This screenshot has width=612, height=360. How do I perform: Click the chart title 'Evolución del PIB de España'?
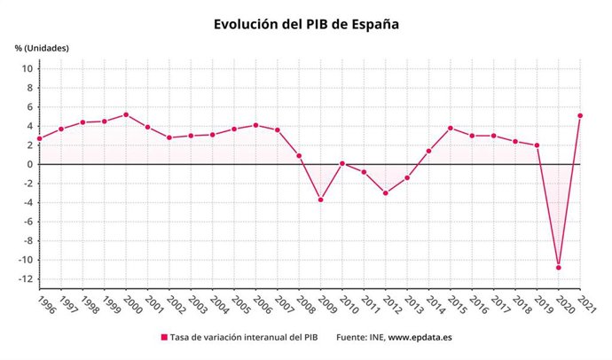tap(306, 25)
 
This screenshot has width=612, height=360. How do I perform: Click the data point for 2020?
tap(558, 267)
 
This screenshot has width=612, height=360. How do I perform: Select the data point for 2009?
tap(320, 200)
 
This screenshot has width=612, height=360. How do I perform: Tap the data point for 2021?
tap(579, 115)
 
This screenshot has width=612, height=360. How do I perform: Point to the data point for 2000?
tap(126, 114)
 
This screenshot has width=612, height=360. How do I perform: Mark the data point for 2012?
tap(385, 192)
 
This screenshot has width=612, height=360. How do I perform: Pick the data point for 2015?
tap(450, 128)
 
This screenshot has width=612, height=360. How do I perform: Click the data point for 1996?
tap(39, 138)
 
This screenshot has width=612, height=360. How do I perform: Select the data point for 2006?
tap(255, 125)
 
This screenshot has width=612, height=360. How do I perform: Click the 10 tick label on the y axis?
tap(27, 69)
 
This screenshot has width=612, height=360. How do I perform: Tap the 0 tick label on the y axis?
tap(29, 165)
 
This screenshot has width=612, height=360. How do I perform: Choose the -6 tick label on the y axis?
tap(27, 222)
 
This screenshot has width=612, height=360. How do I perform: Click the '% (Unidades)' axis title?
tap(42, 47)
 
